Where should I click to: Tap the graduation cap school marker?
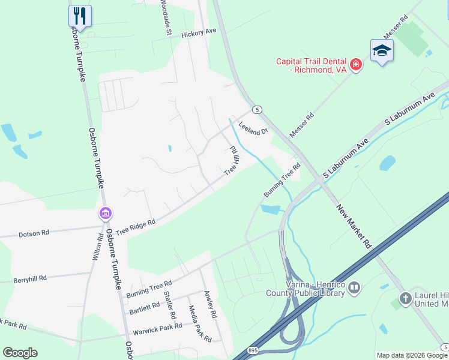click(382, 51)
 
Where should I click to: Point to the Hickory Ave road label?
click(199, 34)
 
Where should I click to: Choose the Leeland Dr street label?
click(252, 128)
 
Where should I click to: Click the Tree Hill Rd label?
click(232, 160)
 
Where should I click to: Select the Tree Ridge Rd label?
click(135, 226)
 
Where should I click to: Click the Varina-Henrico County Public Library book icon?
click(354, 289)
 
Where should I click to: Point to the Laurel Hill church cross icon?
click(406, 298)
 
